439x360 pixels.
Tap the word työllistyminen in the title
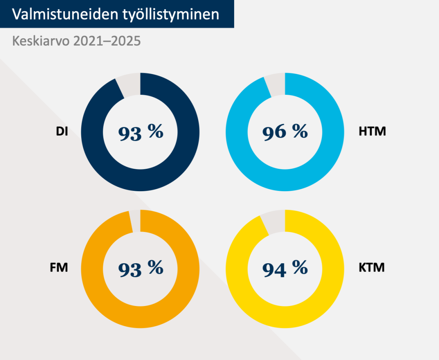click(170, 14)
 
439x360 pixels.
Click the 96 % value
click(285, 132)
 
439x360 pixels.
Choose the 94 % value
click(285, 268)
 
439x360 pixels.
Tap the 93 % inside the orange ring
click(140, 268)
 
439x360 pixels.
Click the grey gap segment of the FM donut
click(135, 221)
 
